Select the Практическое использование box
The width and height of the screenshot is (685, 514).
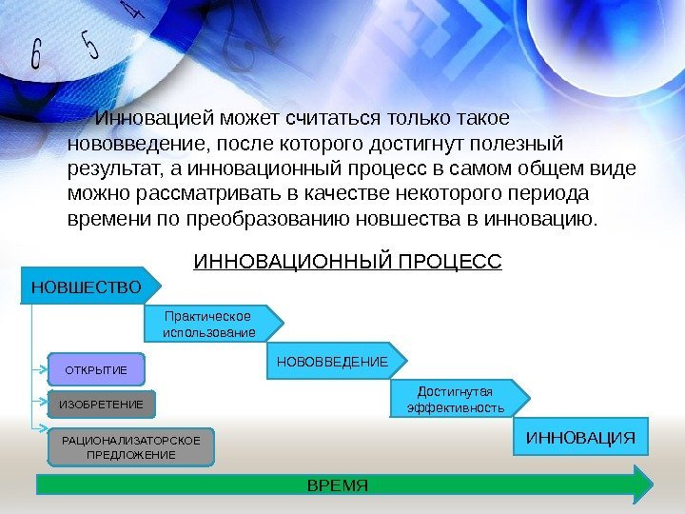click(x=210, y=324)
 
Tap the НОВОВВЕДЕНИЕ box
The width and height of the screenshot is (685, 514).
click(x=333, y=362)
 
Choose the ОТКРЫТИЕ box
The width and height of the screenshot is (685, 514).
click(x=94, y=367)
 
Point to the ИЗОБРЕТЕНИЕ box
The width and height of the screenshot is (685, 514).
click(x=101, y=405)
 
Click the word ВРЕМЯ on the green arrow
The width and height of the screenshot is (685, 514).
click(x=337, y=484)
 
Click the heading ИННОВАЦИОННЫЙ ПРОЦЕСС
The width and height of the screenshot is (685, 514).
click(x=347, y=260)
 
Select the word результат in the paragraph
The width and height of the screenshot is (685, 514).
click(x=106, y=168)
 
